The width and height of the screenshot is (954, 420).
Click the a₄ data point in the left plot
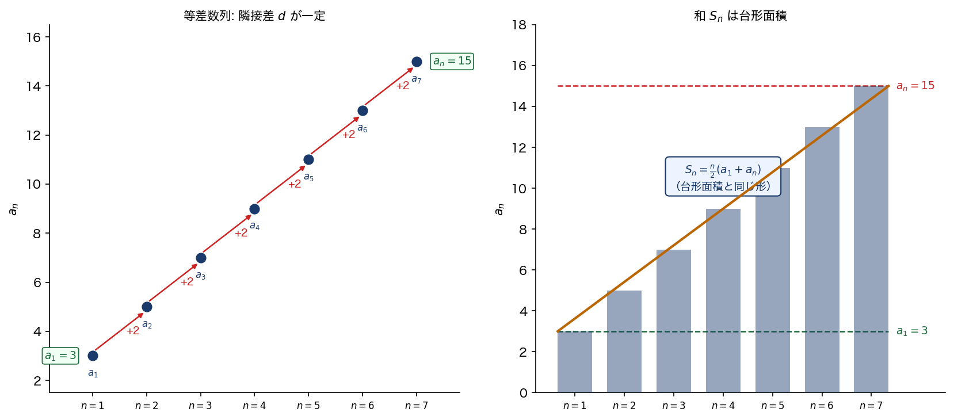(254, 209)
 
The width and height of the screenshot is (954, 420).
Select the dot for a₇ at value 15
(417, 62)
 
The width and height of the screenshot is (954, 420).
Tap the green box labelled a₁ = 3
(60, 356)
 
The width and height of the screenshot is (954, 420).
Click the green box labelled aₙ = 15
(452, 61)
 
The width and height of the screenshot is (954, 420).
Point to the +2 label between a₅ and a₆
(349, 135)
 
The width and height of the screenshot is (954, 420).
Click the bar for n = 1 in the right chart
(574, 362)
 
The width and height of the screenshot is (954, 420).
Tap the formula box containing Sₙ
(723, 177)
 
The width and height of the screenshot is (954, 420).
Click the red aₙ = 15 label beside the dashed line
(915, 86)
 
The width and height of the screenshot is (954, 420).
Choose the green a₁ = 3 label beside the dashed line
(911, 331)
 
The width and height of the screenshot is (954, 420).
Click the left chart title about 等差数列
(254, 16)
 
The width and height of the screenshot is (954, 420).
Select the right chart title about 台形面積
(740, 16)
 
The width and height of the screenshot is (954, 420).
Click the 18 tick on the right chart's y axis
(519, 25)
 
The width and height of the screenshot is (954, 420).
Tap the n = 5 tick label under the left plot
(308, 406)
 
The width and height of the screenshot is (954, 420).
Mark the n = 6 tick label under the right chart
(821, 406)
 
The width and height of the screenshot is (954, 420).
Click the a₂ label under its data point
(147, 324)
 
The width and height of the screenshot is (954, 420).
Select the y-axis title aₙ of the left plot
(13, 209)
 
